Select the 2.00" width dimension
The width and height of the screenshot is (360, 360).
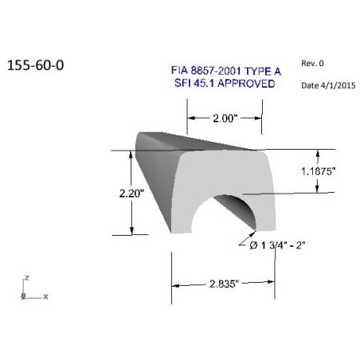(x=224, y=119)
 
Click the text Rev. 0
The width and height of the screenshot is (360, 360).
(x=313, y=62)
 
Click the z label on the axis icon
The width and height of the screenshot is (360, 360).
(x=27, y=278)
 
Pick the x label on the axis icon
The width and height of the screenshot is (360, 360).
(x=45, y=296)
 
